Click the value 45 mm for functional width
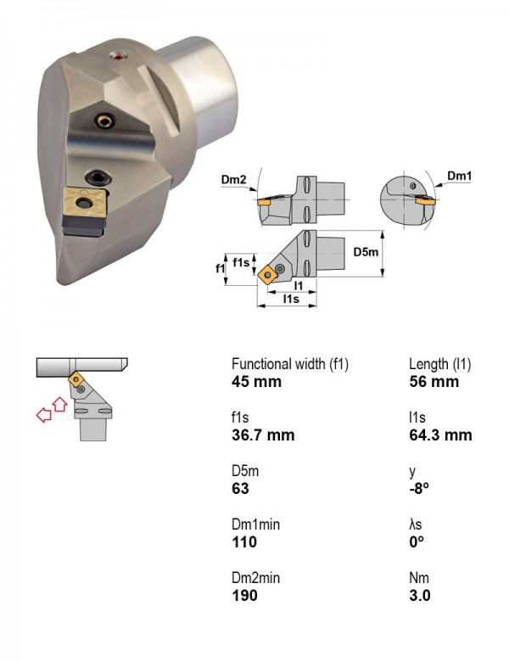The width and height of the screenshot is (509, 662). click(x=256, y=382)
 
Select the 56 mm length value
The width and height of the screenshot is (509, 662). click(x=433, y=382)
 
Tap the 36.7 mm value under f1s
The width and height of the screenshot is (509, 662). click(x=263, y=435)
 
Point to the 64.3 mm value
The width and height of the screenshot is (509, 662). click(x=440, y=435)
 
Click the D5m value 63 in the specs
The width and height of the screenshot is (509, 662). click(x=241, y=489)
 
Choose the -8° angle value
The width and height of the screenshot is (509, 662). click(x=419, y=489)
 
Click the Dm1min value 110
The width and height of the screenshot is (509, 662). click(x=244, y=541)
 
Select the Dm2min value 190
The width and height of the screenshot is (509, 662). click(x=244, y=595)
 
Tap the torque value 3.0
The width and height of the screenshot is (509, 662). click(x=420, y=595)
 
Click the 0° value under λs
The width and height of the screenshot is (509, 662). click(x=417, y=541)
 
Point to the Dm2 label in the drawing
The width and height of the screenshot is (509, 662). click(x=233, y=179)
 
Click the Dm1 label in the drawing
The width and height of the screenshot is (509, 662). click(x=459, y=176)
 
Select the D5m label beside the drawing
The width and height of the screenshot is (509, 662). click(x=366, y=252)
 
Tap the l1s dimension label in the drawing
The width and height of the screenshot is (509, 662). click(x=291, y=299)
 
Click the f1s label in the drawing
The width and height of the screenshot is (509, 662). click(x=241, y=262)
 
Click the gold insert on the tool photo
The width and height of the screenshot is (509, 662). click(x=85, y=203)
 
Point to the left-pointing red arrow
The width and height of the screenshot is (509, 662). click(x=44, y=414)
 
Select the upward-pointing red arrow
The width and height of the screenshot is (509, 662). click(x=60, y=404)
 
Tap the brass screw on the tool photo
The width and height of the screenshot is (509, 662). click(x=104, y=121)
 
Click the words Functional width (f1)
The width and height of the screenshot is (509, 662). click(x=290, y=364)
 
